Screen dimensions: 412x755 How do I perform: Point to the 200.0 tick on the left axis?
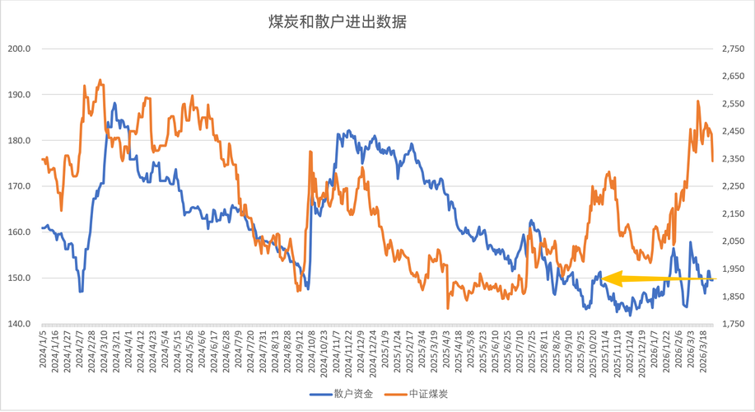(19, 49)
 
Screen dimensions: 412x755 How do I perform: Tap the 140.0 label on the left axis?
(19, 324)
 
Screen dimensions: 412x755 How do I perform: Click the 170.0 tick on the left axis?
(19, 186)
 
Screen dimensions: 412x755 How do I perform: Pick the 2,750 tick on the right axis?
(732, 49)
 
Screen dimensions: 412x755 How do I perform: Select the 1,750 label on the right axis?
(732, 324)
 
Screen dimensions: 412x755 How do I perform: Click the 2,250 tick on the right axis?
(732, 186)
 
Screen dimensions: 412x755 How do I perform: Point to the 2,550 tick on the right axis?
(732, 104)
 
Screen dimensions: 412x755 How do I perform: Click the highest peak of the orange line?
(100, 80)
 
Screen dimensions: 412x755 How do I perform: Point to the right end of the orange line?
(712, 161)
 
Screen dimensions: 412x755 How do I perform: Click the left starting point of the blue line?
(42, 227)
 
